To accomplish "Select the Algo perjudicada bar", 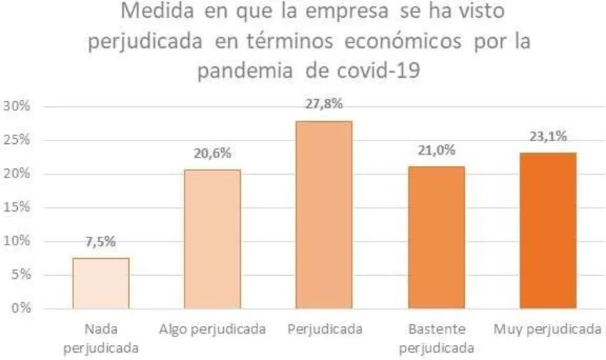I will (x=212, y=239).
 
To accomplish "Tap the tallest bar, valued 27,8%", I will (x=324, y=215).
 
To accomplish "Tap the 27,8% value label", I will (x=324, y=104).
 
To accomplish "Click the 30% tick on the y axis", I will (x=17, y=106).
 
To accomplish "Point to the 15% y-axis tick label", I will (x=17, y=207).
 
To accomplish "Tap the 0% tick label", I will (x=20, y=309).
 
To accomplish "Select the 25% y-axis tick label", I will (x=17, y=140).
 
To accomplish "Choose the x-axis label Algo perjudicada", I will (x=212, y=329).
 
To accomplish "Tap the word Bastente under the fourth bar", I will (x=436, y=329).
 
